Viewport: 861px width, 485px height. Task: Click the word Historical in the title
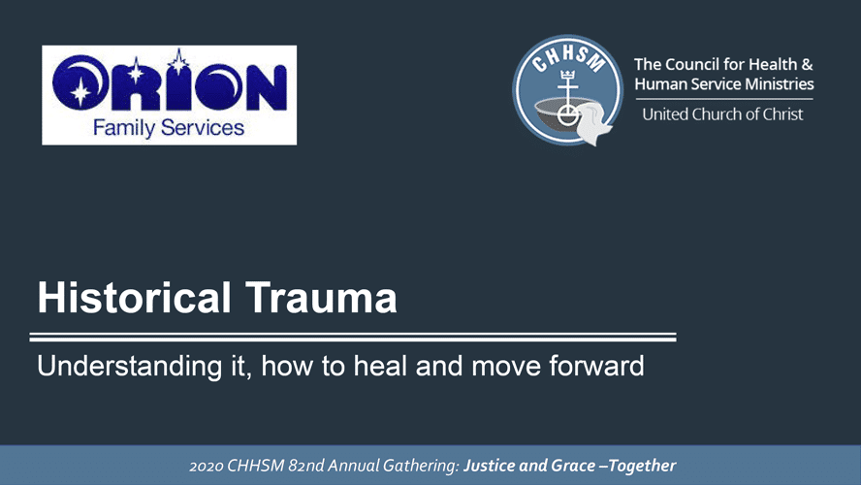point(134,297)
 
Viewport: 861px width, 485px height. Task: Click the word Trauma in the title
point(321,297)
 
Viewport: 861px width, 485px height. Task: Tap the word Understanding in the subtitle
point(130,367)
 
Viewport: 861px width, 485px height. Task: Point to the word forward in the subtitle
point(596,366)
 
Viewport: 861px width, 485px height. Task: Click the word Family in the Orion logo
point(123,129)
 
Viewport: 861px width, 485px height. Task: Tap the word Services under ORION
point(203,128)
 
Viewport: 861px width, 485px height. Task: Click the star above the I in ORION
point(178,61)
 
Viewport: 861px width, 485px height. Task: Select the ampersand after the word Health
point(807,64)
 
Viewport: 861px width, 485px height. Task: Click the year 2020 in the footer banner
point(206,466)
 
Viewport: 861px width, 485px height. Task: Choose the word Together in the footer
point(642,466)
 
